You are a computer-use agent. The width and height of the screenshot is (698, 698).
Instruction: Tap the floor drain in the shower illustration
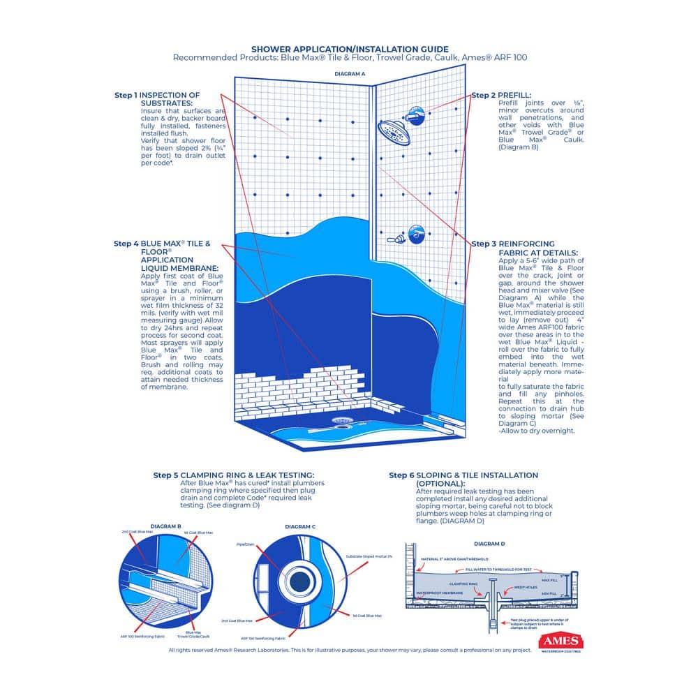tap(342, 421)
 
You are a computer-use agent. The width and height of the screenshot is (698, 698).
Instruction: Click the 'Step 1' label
tap(126, 95)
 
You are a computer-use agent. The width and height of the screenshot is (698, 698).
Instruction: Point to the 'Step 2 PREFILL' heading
tap(501, 95)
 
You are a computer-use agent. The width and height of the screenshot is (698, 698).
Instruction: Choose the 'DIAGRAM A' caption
tap(350, 73)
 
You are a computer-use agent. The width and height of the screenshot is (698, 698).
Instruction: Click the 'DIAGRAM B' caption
tap(166, 526)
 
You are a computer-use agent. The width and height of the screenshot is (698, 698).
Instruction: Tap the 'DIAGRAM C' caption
tap(300, 526)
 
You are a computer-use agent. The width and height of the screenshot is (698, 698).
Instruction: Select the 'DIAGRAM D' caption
tap(489, 543)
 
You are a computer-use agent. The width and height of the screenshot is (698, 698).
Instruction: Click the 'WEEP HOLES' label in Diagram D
tap(527, 587)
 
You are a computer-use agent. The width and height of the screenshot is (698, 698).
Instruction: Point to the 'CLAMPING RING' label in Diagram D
tap(463, 583)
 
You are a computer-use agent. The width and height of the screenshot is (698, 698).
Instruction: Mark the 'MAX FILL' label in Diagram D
tap(549, 579)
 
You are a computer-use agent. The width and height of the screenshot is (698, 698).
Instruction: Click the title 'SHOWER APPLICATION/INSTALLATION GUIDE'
tap(350, 50)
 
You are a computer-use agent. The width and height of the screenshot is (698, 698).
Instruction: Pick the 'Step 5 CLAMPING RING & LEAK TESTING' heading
tap(238, 475)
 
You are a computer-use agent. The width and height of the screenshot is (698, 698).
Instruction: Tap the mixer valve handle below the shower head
tap(416, 233)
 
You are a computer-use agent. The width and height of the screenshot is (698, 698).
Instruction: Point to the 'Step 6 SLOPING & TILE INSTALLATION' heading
tap(463, 475)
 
